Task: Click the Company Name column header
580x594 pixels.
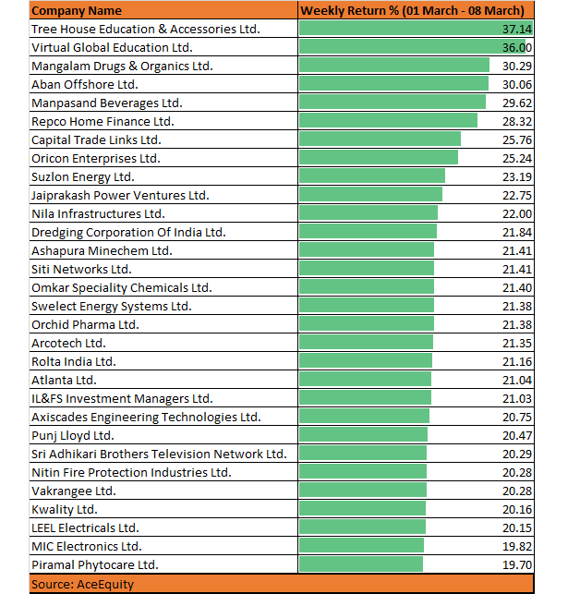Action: pos(77,10)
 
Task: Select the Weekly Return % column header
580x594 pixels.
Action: pos(412,10)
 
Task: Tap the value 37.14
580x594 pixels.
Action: pos(517,30)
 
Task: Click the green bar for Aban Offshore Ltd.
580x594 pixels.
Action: pos(393,84)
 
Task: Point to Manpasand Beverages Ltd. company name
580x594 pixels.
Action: pos(107,103)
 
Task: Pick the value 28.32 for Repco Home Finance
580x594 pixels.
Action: pos(517,122)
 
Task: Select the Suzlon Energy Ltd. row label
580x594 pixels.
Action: pos(83,177)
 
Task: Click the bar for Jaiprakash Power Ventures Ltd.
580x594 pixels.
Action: pos(370,194)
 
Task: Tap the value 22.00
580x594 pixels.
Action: pos(517,214)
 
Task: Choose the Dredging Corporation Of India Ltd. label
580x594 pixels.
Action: pos(128,233)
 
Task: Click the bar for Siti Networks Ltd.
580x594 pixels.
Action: pos(367,268)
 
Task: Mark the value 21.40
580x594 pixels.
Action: pos(517,288)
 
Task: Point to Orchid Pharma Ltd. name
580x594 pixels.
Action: pos(85,324)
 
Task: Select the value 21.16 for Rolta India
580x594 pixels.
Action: pos(517,362)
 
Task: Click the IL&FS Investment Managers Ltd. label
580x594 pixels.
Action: pos(122,399)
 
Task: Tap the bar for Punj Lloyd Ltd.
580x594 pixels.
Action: pos(363,434)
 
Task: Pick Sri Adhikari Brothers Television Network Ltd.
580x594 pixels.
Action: pos(159,455)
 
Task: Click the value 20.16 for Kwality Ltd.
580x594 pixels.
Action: pos(517,510)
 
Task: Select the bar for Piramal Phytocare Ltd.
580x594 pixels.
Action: pos(361,564)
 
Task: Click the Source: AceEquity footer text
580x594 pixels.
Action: pos(82,585)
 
